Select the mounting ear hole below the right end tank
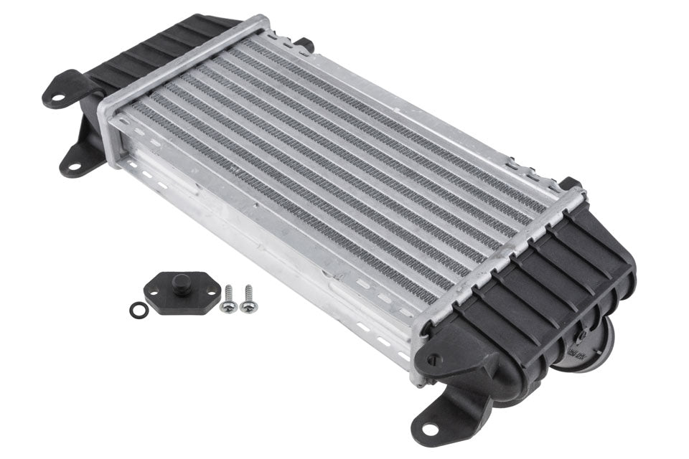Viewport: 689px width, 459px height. [428, 428]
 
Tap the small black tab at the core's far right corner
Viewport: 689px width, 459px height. [570, 184]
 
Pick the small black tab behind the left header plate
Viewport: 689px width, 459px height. [304, 44]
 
